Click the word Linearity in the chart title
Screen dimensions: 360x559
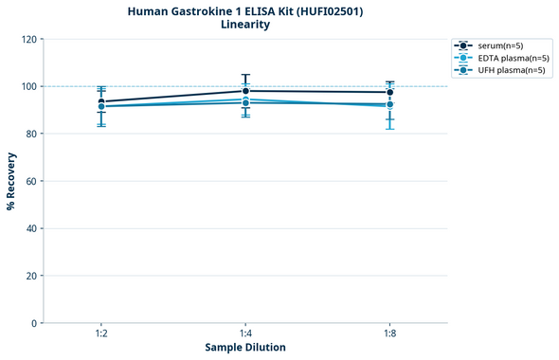click(244, 25)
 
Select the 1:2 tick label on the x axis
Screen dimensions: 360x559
click(101, 334)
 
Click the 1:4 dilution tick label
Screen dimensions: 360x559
click(245, 334)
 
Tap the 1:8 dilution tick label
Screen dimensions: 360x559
click(389, 334)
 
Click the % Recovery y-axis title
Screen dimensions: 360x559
click(11, 181)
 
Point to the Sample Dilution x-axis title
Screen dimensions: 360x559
click(245, 348)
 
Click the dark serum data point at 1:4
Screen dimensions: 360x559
click(245, 91)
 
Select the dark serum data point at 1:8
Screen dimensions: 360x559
click(389, 93)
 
